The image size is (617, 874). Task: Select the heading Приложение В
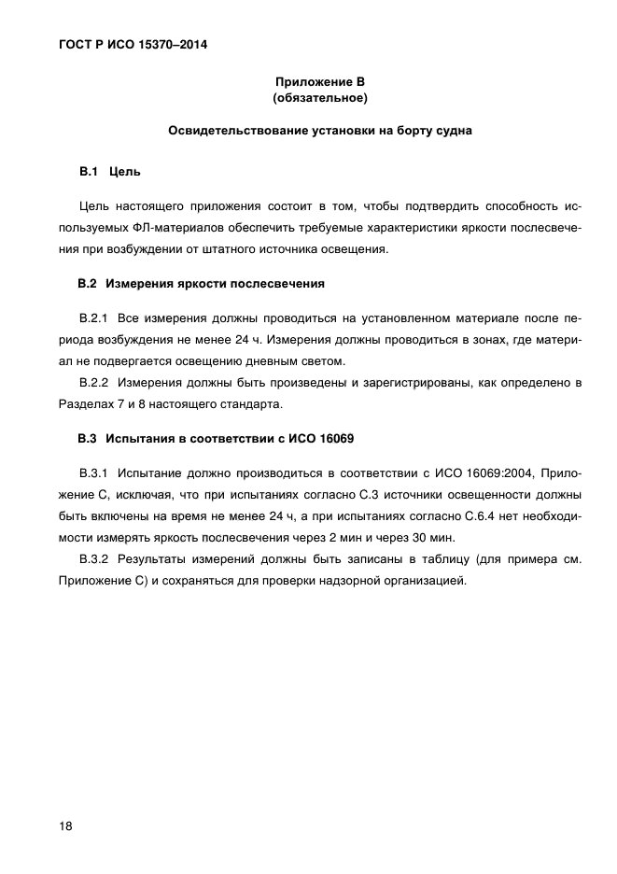click(x=319, y=81)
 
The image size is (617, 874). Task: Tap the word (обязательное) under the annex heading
click(x=319, y=97)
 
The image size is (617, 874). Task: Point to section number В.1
click(x=89, y=172)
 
